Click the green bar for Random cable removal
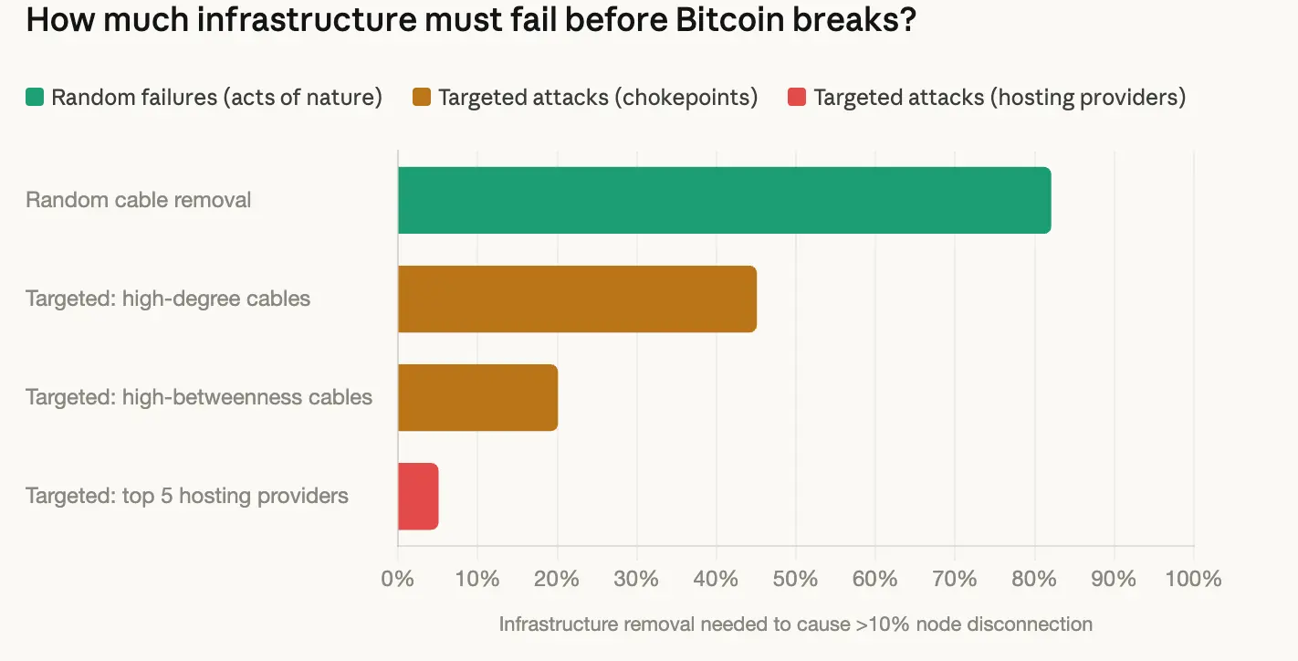click(x=724, y=200)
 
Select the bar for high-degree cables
click(x=577, y=299)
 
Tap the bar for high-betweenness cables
click(x=477, y=397)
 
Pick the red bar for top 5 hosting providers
click(x=418, y=496)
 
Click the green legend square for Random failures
click(x=35, y=98)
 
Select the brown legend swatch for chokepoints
click(x=422, y=98)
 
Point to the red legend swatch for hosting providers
click(x=797, y=98)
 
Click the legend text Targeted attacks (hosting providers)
click(x=1000, y=98)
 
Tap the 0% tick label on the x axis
click(x=398, y=579)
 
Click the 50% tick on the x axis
click(x=795, y=579)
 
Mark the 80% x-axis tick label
click(x=1034, y=579)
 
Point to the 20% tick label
click(x=557, y=579)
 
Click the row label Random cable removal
click(x=139, y=200)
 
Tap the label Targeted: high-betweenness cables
click(x=199, y=397)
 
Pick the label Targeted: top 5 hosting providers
click(x=187, y=496)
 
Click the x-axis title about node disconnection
click(x=795, y=624)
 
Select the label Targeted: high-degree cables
click(x=168, y=299)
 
